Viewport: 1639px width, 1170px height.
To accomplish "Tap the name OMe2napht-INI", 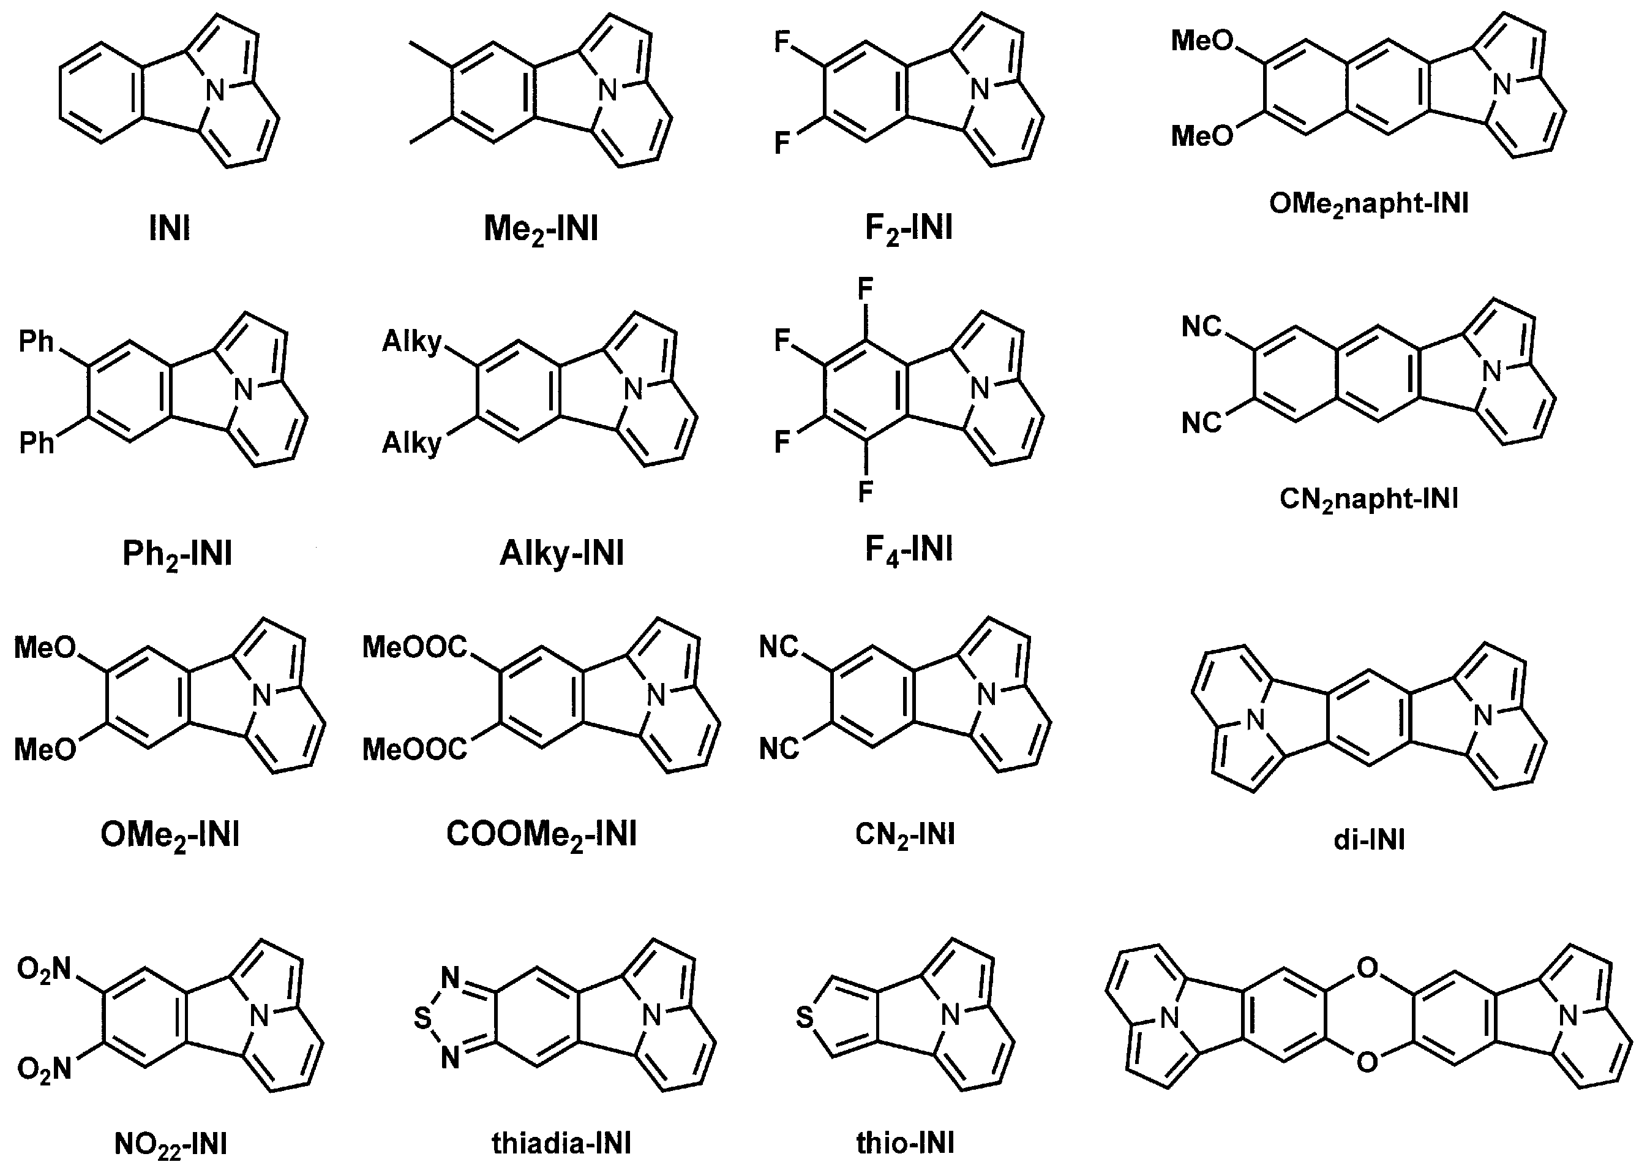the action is [1368, 205].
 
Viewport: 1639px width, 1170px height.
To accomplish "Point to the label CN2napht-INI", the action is [1369, 499].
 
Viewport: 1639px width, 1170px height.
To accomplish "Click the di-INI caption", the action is [1369, 840].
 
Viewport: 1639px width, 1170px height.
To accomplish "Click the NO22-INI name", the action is [171, 1145].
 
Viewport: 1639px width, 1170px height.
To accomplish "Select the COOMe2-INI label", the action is [541, 835].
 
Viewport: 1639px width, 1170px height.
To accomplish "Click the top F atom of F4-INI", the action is [866, 290].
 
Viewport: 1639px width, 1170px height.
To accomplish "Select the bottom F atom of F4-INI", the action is [866, 492].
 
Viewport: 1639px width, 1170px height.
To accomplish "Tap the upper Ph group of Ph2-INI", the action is [37, 341].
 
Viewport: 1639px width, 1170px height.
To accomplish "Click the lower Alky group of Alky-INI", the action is [412, 443].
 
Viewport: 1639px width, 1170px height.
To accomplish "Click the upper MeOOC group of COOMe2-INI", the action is [414, 647].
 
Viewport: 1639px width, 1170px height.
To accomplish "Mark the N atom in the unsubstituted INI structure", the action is [216, 91].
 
